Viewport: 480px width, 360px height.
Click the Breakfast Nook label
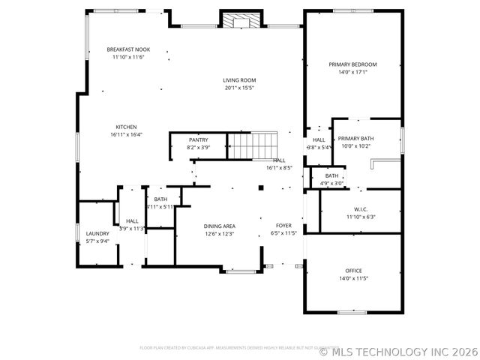127,49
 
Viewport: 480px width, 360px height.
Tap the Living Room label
239,80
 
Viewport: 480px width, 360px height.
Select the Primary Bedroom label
352,64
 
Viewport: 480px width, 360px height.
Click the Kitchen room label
126,127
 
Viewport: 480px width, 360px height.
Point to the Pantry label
198,139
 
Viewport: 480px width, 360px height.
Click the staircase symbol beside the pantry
253,145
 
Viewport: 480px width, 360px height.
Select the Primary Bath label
355,139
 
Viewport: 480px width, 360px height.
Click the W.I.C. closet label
361,209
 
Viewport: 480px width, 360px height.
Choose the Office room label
353,271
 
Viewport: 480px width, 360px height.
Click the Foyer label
283,226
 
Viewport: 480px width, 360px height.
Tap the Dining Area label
219,226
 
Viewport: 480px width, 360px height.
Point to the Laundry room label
97,233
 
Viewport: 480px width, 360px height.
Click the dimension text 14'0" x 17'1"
352,73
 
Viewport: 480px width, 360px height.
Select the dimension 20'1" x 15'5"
239,88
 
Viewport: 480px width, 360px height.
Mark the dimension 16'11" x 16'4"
126,134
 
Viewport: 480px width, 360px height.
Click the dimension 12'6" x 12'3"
219,234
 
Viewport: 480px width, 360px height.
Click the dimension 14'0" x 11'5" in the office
353,278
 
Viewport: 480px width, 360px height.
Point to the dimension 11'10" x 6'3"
361,217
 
